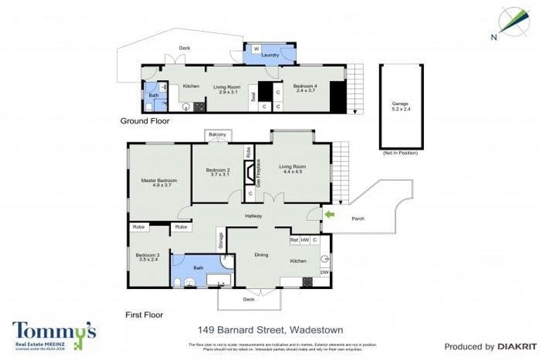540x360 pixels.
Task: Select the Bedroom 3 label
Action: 148,257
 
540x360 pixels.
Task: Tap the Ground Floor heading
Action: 144,121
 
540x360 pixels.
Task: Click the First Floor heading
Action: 144,314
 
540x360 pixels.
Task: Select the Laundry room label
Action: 270,55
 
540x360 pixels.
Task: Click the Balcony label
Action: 217,134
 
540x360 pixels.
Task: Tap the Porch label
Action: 359,218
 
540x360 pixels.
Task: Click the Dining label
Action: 261,255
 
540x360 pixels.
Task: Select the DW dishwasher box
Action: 324,272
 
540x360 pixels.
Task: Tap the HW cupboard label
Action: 304,240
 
